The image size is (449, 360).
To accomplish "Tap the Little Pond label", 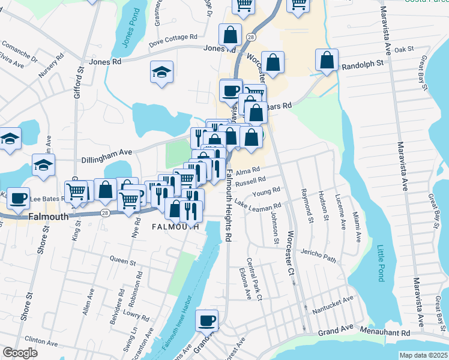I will [x=380, y=263].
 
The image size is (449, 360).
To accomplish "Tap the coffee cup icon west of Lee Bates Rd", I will [x=17, y=197].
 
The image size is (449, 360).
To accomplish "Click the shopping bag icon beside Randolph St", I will [x=327, y=60].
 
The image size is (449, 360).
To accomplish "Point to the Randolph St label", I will [x=363, y=64].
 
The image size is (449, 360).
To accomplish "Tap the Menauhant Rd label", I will [x=385, y=331].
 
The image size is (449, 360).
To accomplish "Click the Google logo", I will [x=20, y=353].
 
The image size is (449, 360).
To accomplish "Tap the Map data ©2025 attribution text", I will [x=423, y=355].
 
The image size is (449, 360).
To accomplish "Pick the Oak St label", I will [x=405, y=49].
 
